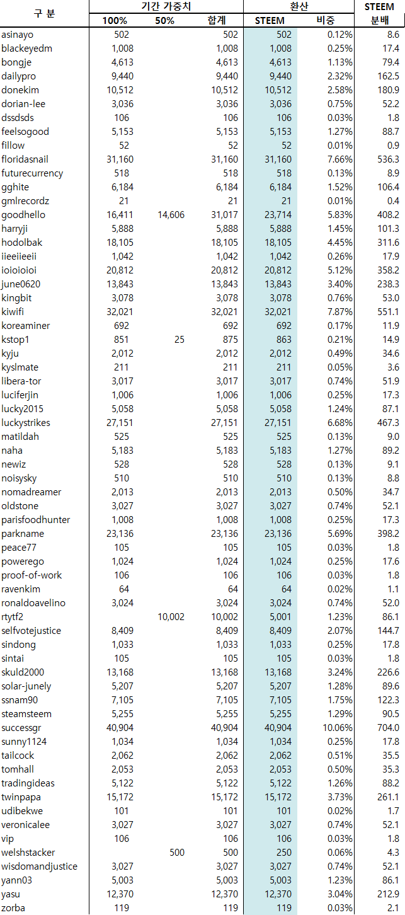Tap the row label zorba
click(x=13, y=908)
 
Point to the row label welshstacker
click(x=28, y=853)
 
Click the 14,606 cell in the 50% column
click(x=171, y=215)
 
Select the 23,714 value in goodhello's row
click(x=278, y=215)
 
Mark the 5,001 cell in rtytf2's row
click(x=280, y=617)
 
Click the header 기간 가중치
click(x=166, y=6)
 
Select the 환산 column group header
click(x=299, y=6)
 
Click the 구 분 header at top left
click(x=43, y=13)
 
